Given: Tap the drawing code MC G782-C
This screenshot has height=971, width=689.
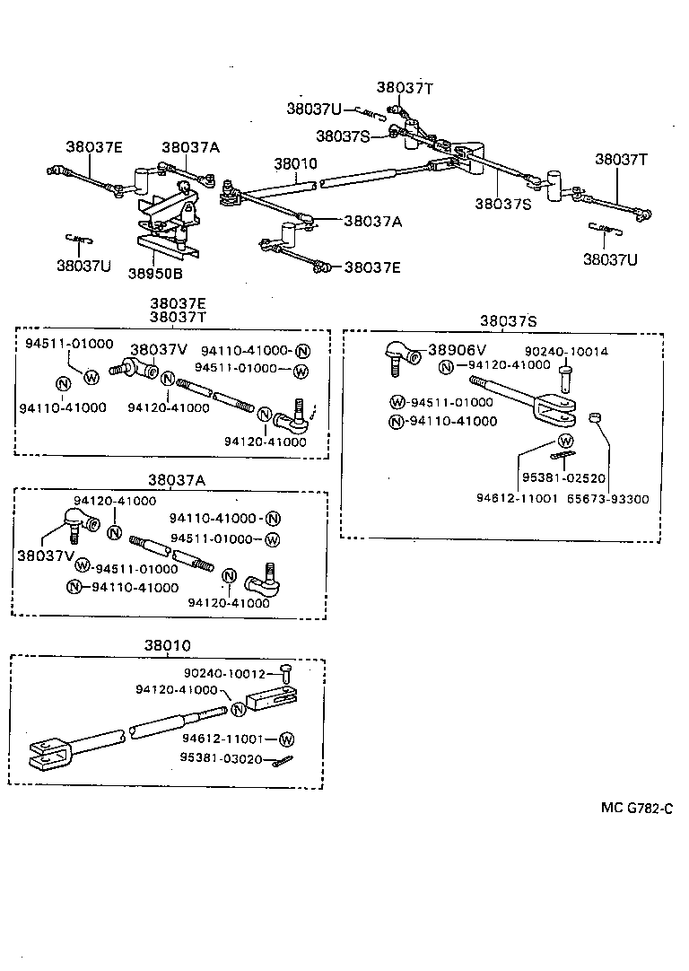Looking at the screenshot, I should [636, 808].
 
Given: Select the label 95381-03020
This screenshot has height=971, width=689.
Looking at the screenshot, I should [222, 758].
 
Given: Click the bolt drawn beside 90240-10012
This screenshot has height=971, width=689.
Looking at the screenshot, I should [285, 675].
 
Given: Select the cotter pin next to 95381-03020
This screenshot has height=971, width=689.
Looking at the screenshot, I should [285, 762].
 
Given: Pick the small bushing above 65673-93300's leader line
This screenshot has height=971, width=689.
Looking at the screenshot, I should [593, 418].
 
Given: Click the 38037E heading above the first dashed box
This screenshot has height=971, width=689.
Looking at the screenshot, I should [178, 303].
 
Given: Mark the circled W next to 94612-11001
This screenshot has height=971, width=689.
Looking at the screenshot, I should [286, 739].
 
